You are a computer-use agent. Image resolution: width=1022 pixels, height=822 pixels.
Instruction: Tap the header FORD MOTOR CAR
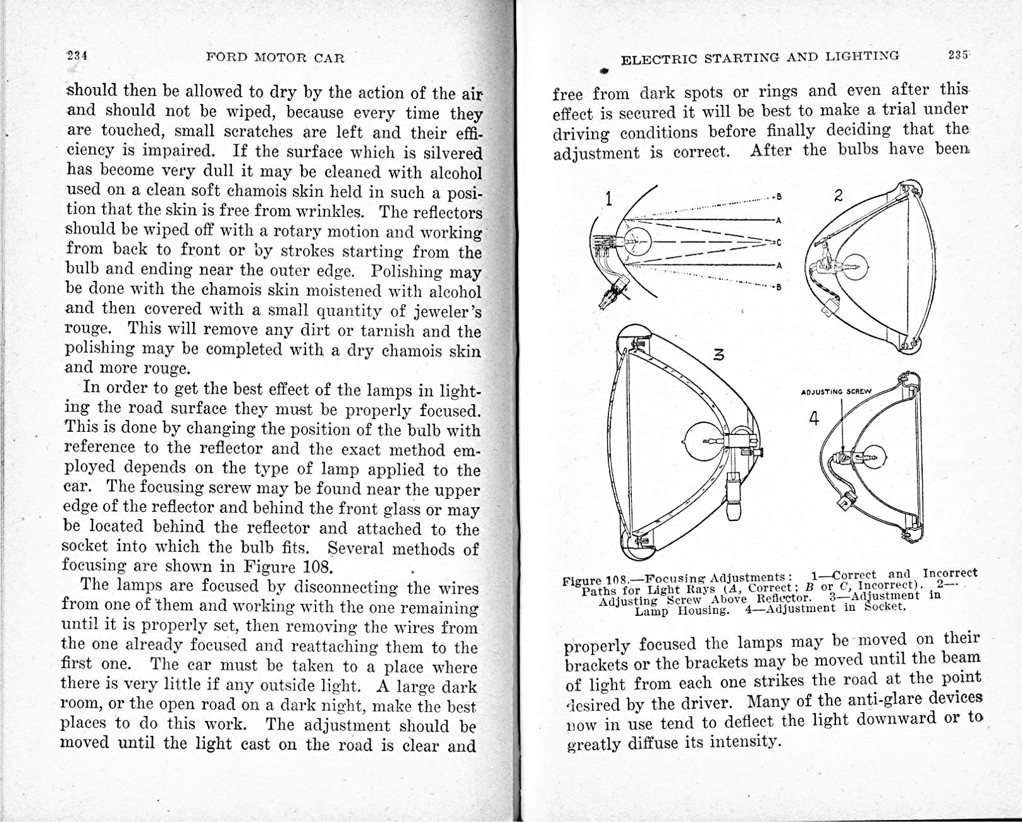click(x=275, y=58)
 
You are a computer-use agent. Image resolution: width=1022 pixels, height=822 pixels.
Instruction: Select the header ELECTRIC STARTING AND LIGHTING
click(x=760, y=58)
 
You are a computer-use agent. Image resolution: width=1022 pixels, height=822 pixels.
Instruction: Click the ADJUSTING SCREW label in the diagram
click(x=836, y=391)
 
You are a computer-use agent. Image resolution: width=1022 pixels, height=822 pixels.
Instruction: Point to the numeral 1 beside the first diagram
click(x=608, y=199)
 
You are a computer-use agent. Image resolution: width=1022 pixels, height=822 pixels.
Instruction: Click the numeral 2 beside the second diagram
click(x=838, y=195)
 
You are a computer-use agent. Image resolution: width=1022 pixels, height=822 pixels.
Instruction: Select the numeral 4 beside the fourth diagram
click(x=814, y=418)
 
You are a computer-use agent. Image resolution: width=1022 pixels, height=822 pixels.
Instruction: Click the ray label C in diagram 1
click(x=779, y=242)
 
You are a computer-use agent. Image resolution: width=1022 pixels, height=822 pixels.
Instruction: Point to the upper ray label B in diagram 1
click(x=779, y=197)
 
